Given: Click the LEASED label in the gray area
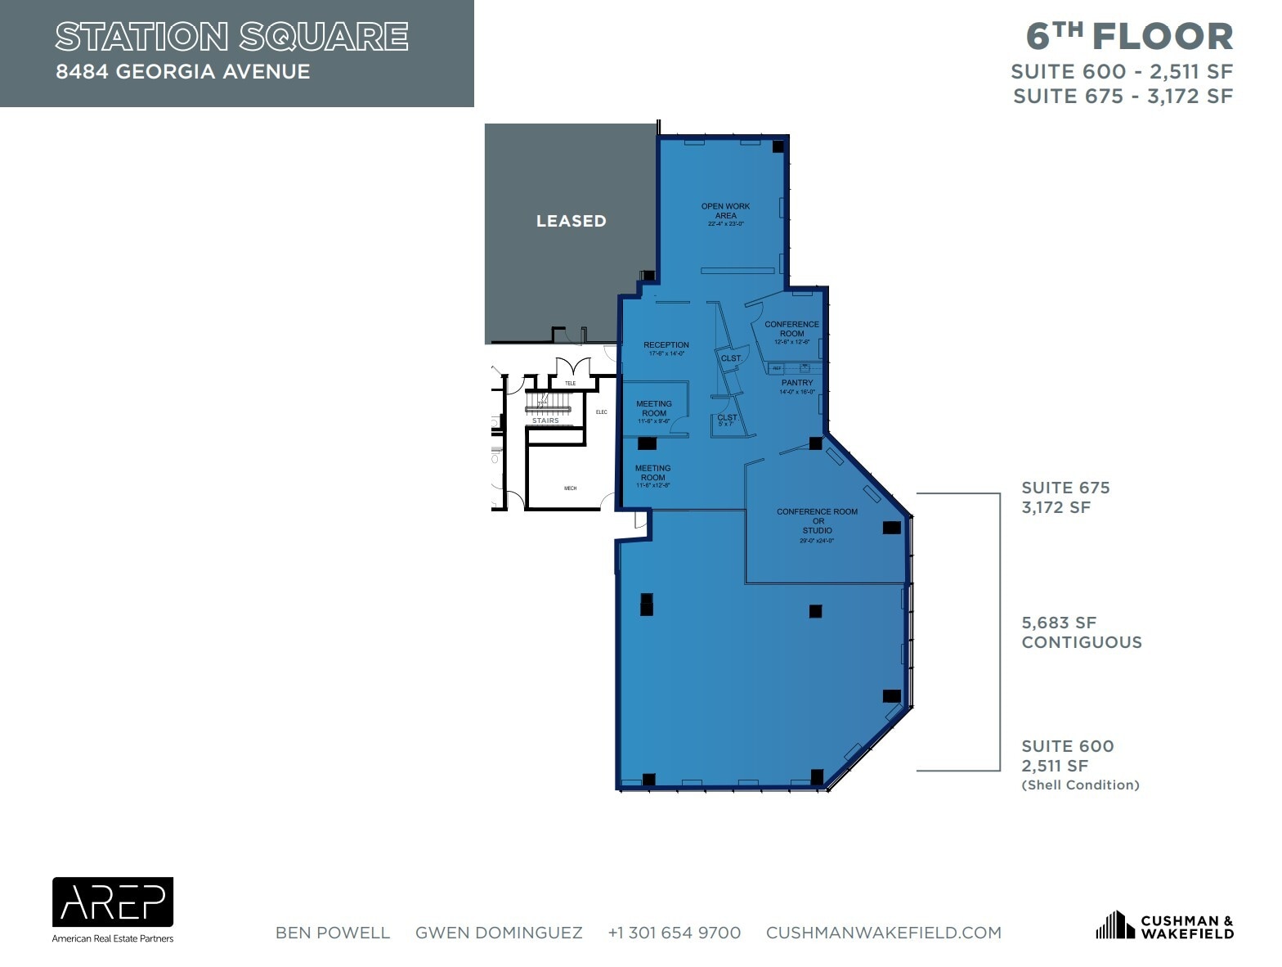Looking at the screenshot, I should [x=571, y=221].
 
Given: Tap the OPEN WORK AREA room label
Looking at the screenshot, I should [x=725, y=211].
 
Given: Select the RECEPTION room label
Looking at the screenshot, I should [x=666, y=345].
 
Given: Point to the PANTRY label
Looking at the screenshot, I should [x=797, y=383].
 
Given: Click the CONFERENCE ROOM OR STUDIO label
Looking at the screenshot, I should [x=817, y=521].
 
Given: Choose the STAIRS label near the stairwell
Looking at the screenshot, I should [x=545, y=421].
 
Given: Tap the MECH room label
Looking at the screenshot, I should [x=570, y=488].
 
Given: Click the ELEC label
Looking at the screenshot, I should [x=602, y=412].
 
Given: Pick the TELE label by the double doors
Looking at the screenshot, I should [x=570, y=383].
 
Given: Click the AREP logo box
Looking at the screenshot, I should [x=113, y=902].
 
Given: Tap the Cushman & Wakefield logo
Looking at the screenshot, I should [x=1164, y=926].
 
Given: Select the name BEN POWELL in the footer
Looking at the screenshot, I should [x=333, y=933].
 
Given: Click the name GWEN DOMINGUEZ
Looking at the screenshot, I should [x=499, y=933].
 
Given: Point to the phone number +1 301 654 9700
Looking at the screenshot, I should [x=674, y=933].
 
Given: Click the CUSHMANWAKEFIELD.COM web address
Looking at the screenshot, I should [x=883, y=933].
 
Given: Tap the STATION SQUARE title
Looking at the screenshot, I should [x=231, y=37].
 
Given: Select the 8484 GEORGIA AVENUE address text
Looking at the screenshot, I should [x=183, y=72].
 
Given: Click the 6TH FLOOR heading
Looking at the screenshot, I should [x=1129, y=36].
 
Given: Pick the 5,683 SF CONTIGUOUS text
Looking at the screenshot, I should [x=1081, y=632].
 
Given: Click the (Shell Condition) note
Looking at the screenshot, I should [x=1080, y=785].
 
